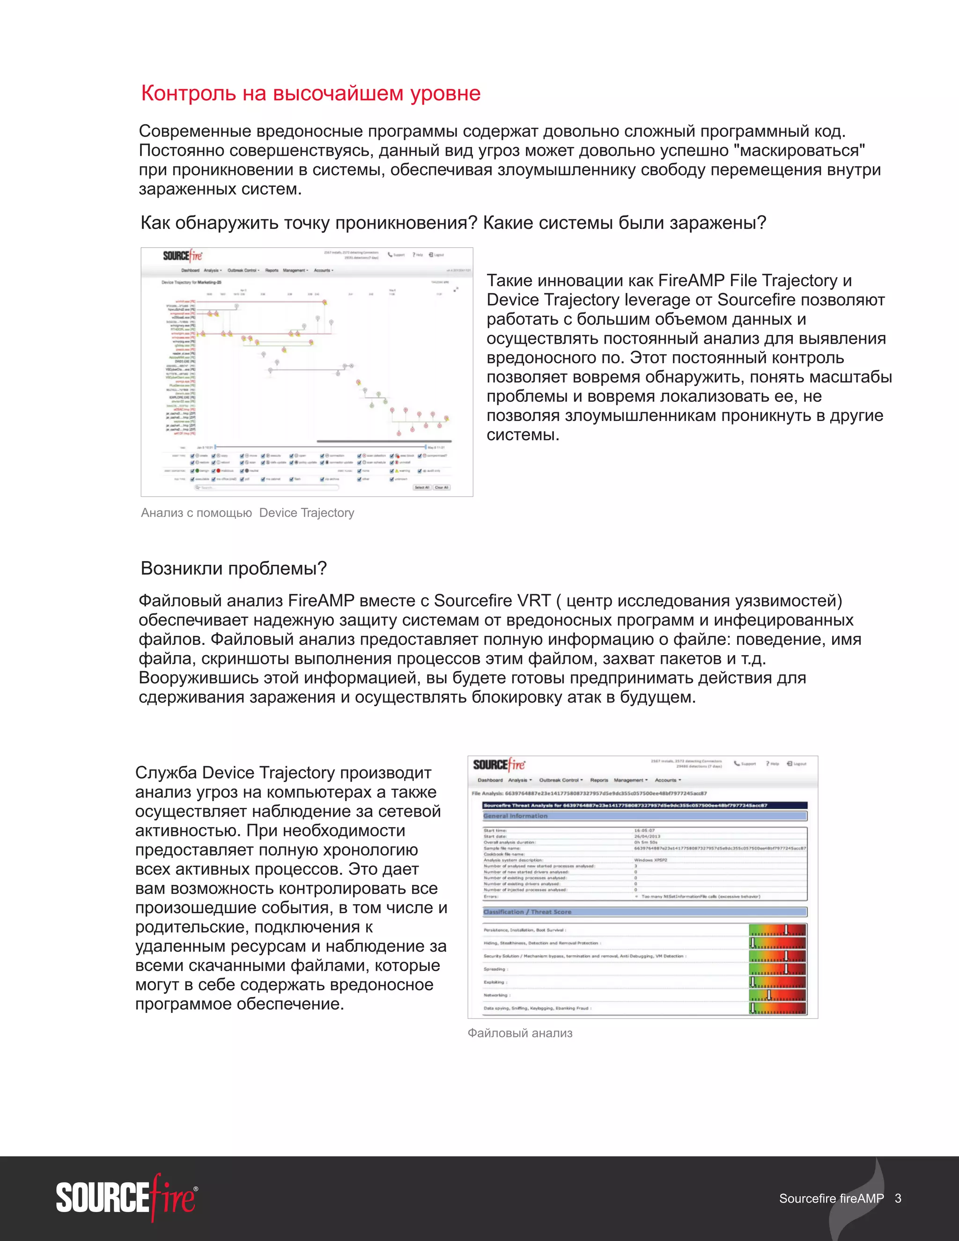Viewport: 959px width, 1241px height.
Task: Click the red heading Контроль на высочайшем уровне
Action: pyautogui.click(x=311, y=93)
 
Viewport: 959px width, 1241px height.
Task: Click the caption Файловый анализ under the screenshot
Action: pyautogui.click(x=519, y=1033)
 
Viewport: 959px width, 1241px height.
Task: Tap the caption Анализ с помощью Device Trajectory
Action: pyautogui.click(x=247, y=512)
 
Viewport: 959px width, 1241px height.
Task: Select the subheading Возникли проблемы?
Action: pyautogui.click(x=234, y=568)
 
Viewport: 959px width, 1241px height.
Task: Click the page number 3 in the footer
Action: pyautogui.click(x=898, y=1198)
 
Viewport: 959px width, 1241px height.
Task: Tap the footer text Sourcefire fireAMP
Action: pyautogui.click(x=831, y=1198)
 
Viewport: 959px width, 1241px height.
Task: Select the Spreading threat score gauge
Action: pyautogui.click(x=777, y=969)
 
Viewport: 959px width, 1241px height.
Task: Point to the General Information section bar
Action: pyautogui.click(x=644, y=816)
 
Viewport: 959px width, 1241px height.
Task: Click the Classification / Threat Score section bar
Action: pyautogui.click(x=644, y=912)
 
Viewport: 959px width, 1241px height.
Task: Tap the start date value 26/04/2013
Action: pyautogui.click(x=647, y=836)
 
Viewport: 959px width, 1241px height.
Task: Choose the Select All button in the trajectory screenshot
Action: pyautogui.click(x=421, y=488)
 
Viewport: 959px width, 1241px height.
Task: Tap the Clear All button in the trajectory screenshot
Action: pyautogui.click(x=442, y=488)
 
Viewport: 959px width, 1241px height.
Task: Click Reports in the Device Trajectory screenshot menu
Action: pyautogui.click(x=272, y=271)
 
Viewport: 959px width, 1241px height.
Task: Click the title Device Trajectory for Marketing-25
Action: pyautogui.click(x=192, y=282)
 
